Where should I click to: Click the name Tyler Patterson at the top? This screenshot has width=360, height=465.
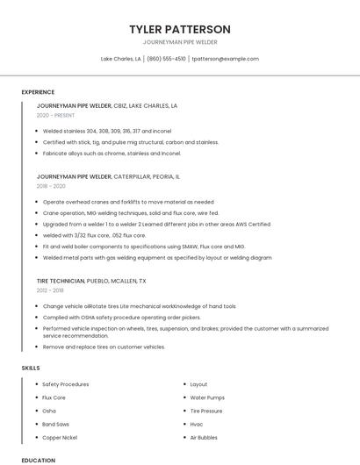(x=179, y=29)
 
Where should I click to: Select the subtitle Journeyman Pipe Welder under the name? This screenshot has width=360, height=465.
(x=179, y=42)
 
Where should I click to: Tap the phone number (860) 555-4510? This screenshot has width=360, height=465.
(x=166, y=59)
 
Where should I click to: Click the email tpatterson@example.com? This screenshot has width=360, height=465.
(x=225, y=59)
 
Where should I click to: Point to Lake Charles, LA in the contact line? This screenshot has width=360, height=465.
(x=120, y=59)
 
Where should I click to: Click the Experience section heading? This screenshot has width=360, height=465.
(x=38, y=92)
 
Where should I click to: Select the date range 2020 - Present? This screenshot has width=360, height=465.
(x=55, y=115)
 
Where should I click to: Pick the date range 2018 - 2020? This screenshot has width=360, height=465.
(x=51, y=186)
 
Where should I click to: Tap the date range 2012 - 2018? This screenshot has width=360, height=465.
(x=50, y=290)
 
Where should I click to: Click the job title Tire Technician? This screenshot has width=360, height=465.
(x=61, y=281)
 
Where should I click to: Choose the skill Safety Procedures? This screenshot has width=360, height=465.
(x=66, y=384)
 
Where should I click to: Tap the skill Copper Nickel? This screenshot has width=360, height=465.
(x=60, y=437)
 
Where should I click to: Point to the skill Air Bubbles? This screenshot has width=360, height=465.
(x=204, y=437)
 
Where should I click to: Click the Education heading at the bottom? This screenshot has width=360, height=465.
(x=38, y=460)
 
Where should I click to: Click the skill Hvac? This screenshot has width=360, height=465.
(x=197, y=424)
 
